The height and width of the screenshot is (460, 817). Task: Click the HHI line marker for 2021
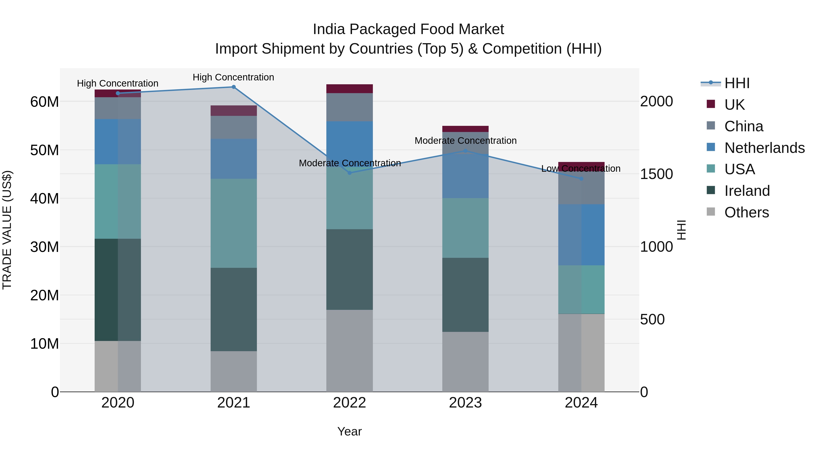click(234, 87)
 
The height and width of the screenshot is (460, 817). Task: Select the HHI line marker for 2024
click(581, 179)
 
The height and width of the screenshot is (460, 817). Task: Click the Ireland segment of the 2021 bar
click(234, 310)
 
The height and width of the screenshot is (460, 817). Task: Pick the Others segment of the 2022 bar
click(349, 351)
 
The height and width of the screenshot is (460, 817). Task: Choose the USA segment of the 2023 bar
click(465, 228)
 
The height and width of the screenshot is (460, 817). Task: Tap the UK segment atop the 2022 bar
click(349, 89)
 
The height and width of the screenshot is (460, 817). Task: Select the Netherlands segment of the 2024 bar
click(581, 235)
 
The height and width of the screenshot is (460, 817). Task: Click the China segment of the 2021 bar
click(234, 127)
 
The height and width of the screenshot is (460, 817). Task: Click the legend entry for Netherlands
click(764, 148)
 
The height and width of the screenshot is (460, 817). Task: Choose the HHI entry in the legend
click(737, 83)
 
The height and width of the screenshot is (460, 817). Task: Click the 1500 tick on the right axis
click(656, 174)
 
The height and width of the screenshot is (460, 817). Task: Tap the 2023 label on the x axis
click(465, 403)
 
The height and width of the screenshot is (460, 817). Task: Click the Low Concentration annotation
click(581, 169)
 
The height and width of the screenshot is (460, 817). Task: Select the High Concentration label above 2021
click(234, 77)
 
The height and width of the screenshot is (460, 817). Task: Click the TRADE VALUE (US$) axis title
click(7, 230)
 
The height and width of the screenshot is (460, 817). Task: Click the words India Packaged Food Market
click(408, 29)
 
